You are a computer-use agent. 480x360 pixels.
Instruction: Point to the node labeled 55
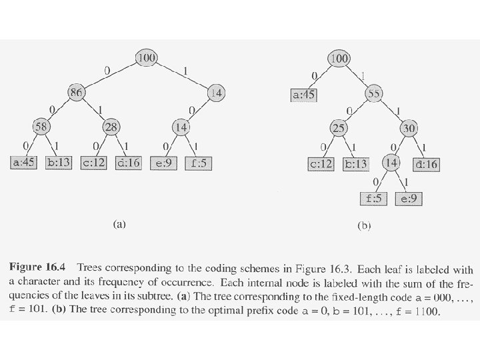[x=374, y=94]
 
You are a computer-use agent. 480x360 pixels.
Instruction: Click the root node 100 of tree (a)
[x=146, y=58]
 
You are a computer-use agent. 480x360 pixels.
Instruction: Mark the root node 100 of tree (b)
[x=339, y=59]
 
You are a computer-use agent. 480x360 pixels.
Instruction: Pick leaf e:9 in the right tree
[x=409, y=198]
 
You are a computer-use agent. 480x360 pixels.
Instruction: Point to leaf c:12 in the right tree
[x=323, y=164]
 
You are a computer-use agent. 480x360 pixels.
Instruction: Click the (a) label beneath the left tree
[x=117, y=225]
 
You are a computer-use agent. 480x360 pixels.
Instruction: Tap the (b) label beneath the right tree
[x=364, y=225]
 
